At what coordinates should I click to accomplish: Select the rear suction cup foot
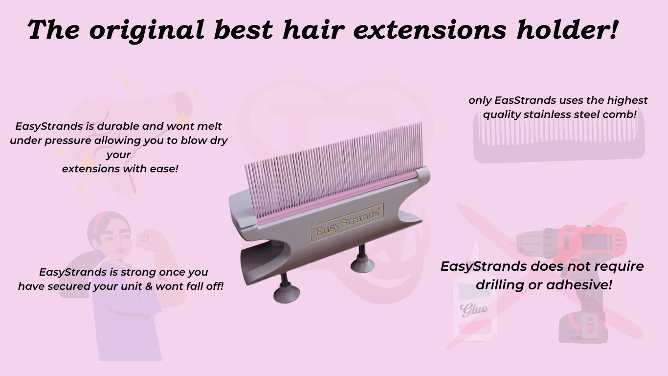pos(362,261)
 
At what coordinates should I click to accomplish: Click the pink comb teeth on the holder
pos(333,157)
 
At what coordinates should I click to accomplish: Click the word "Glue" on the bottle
pos(473,309)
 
